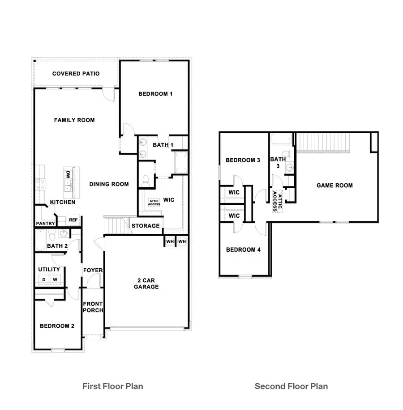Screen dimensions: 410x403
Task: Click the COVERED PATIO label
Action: pyautogui.click(x=76, y=74)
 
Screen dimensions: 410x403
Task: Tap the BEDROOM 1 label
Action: pyautogui.click(x=155, y=94)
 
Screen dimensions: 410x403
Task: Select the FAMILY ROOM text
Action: pyautogui.click(x=74, y=120)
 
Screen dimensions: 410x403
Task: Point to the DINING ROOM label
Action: pyautogui.click(x=109, y=184)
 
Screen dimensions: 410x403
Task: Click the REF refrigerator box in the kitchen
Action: pyautogui.click(x=73, y=220)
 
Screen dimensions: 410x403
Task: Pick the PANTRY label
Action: pyautogui.click(x=45, y=224)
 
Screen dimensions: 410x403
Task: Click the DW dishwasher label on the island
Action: pyautogui.click(x=68, y=175)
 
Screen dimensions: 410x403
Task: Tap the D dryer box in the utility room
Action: pyautogui.click(x=44, y=280)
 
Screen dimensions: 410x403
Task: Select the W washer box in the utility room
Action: pyautogui.click(x=56, y=280)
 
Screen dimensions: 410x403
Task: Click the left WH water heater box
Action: pyautogui.click(x=170, y=241)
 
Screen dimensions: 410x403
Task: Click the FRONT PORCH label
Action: pyautogui.click(x=93, y=307)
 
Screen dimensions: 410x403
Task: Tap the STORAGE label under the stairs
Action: pyautogui.click(x=146, y=226)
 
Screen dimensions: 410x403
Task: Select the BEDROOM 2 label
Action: pyautogui.click(x=57, y=326)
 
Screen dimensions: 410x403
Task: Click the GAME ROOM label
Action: pyautogui.click(x=334, y=186)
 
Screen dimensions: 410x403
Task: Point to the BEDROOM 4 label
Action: pyautogui.click(x=243, y=250)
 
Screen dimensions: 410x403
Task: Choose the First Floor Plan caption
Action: pyautogui.click(x=113, y=386)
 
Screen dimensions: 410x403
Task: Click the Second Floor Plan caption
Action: pyautogui.click(x=291, y=386)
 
